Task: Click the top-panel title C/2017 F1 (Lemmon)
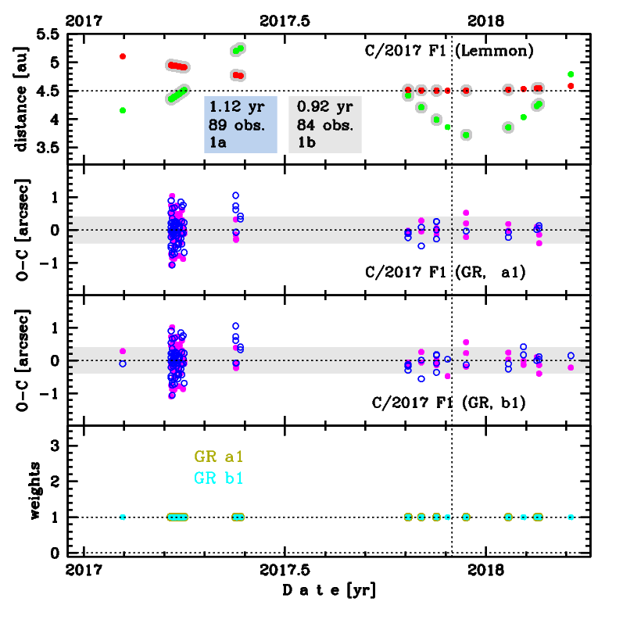[x=449, y=52]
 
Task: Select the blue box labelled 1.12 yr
[x=241, y=124]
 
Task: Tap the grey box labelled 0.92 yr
[x=325, y=124]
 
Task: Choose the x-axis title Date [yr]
[x=329, y=591]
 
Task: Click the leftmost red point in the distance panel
[x=123, y=56]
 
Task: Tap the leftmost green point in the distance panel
[x=123, y=110]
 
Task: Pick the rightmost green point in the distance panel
[x=571, y=74]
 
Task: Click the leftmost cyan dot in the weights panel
[x=123, y=517]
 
